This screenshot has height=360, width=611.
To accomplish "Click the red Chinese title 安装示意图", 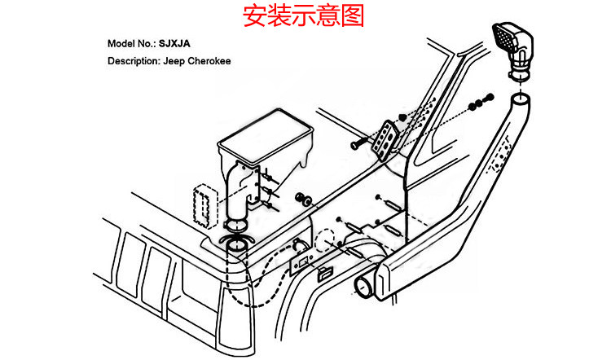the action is (304, 16).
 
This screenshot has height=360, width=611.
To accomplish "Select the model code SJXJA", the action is (175, 43).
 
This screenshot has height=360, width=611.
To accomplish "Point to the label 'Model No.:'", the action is (132, 43).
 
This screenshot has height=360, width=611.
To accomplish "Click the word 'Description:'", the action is (134, 60).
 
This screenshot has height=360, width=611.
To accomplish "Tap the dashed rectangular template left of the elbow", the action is (202, 206).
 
